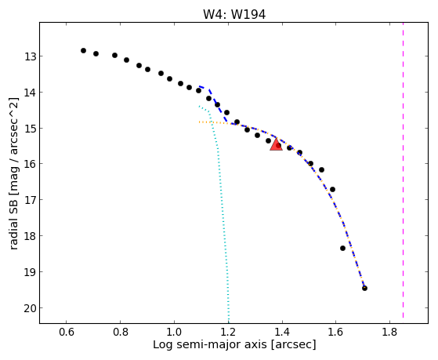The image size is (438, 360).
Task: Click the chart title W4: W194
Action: [234, 14]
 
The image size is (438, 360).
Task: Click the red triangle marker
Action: [276, 144]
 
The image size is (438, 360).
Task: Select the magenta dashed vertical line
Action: [403, 170]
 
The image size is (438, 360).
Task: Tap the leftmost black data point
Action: [83, 51]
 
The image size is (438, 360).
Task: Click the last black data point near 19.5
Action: [364, 288]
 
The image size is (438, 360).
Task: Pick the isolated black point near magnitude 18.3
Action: [342, 248]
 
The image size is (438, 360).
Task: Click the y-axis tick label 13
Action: [30, 56]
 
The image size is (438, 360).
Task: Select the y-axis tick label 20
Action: [30, 308]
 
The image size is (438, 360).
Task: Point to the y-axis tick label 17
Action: [30, 200]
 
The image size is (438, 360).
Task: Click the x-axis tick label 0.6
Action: [67, 332]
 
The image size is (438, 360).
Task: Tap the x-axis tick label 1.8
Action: [389, 332]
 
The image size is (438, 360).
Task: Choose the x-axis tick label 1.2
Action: [228, 332]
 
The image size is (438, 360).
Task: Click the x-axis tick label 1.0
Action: [174, 332]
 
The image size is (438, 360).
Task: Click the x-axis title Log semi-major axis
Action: [210, 344]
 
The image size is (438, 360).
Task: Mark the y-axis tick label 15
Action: [30, 129]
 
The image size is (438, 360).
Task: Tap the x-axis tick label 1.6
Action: [335, 332]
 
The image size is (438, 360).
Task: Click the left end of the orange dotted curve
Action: [199, 122]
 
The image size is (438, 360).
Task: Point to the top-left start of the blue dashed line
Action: [199, 87]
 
